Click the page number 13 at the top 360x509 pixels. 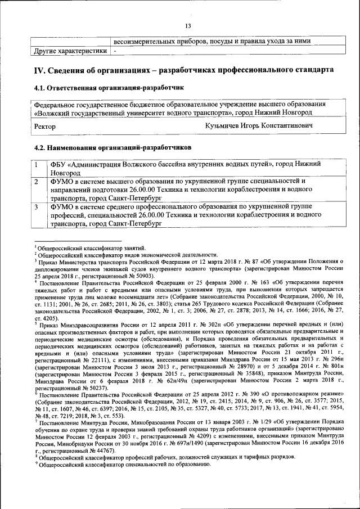(188, 26)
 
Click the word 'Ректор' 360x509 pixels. (45, 127)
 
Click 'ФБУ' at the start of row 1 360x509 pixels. (58, 164)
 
